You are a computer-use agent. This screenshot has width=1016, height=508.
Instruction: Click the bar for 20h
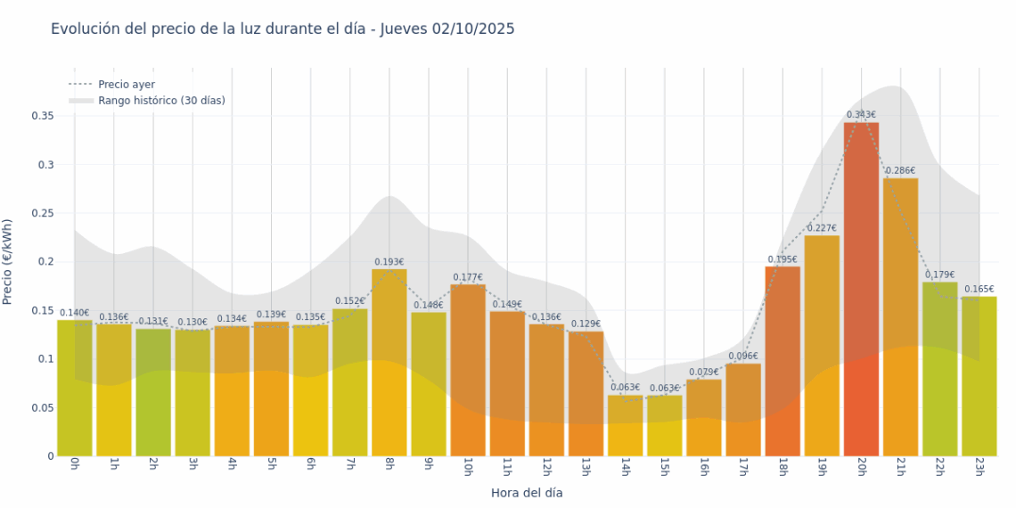(861, 290)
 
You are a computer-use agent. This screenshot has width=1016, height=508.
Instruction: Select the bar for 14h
(625, 426)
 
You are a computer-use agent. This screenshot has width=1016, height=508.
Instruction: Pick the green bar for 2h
(153, 392)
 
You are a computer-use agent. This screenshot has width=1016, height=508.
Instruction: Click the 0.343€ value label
(861, 114)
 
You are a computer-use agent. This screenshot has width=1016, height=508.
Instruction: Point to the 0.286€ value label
(900, 170)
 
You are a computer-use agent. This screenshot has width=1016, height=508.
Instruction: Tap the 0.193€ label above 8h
(389, 261)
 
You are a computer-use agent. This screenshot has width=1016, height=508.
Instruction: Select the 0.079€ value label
(703, 372)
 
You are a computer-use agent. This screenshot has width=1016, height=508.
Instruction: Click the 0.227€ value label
(822, 227)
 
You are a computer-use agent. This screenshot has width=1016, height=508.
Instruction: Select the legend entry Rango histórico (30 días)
(161, 101)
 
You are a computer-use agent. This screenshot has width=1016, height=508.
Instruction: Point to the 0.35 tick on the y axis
(43, 116)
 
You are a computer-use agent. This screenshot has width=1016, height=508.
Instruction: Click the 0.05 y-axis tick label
(43, 408)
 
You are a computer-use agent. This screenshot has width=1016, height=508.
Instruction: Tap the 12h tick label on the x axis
(546, 467)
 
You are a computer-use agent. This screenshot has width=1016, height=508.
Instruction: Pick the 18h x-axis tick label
(782, 467)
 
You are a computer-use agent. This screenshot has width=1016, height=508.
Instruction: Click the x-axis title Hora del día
(527, 492)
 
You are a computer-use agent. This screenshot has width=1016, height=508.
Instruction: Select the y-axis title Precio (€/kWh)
(8, 262)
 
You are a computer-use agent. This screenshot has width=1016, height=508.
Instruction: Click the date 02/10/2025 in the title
(473, 29)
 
